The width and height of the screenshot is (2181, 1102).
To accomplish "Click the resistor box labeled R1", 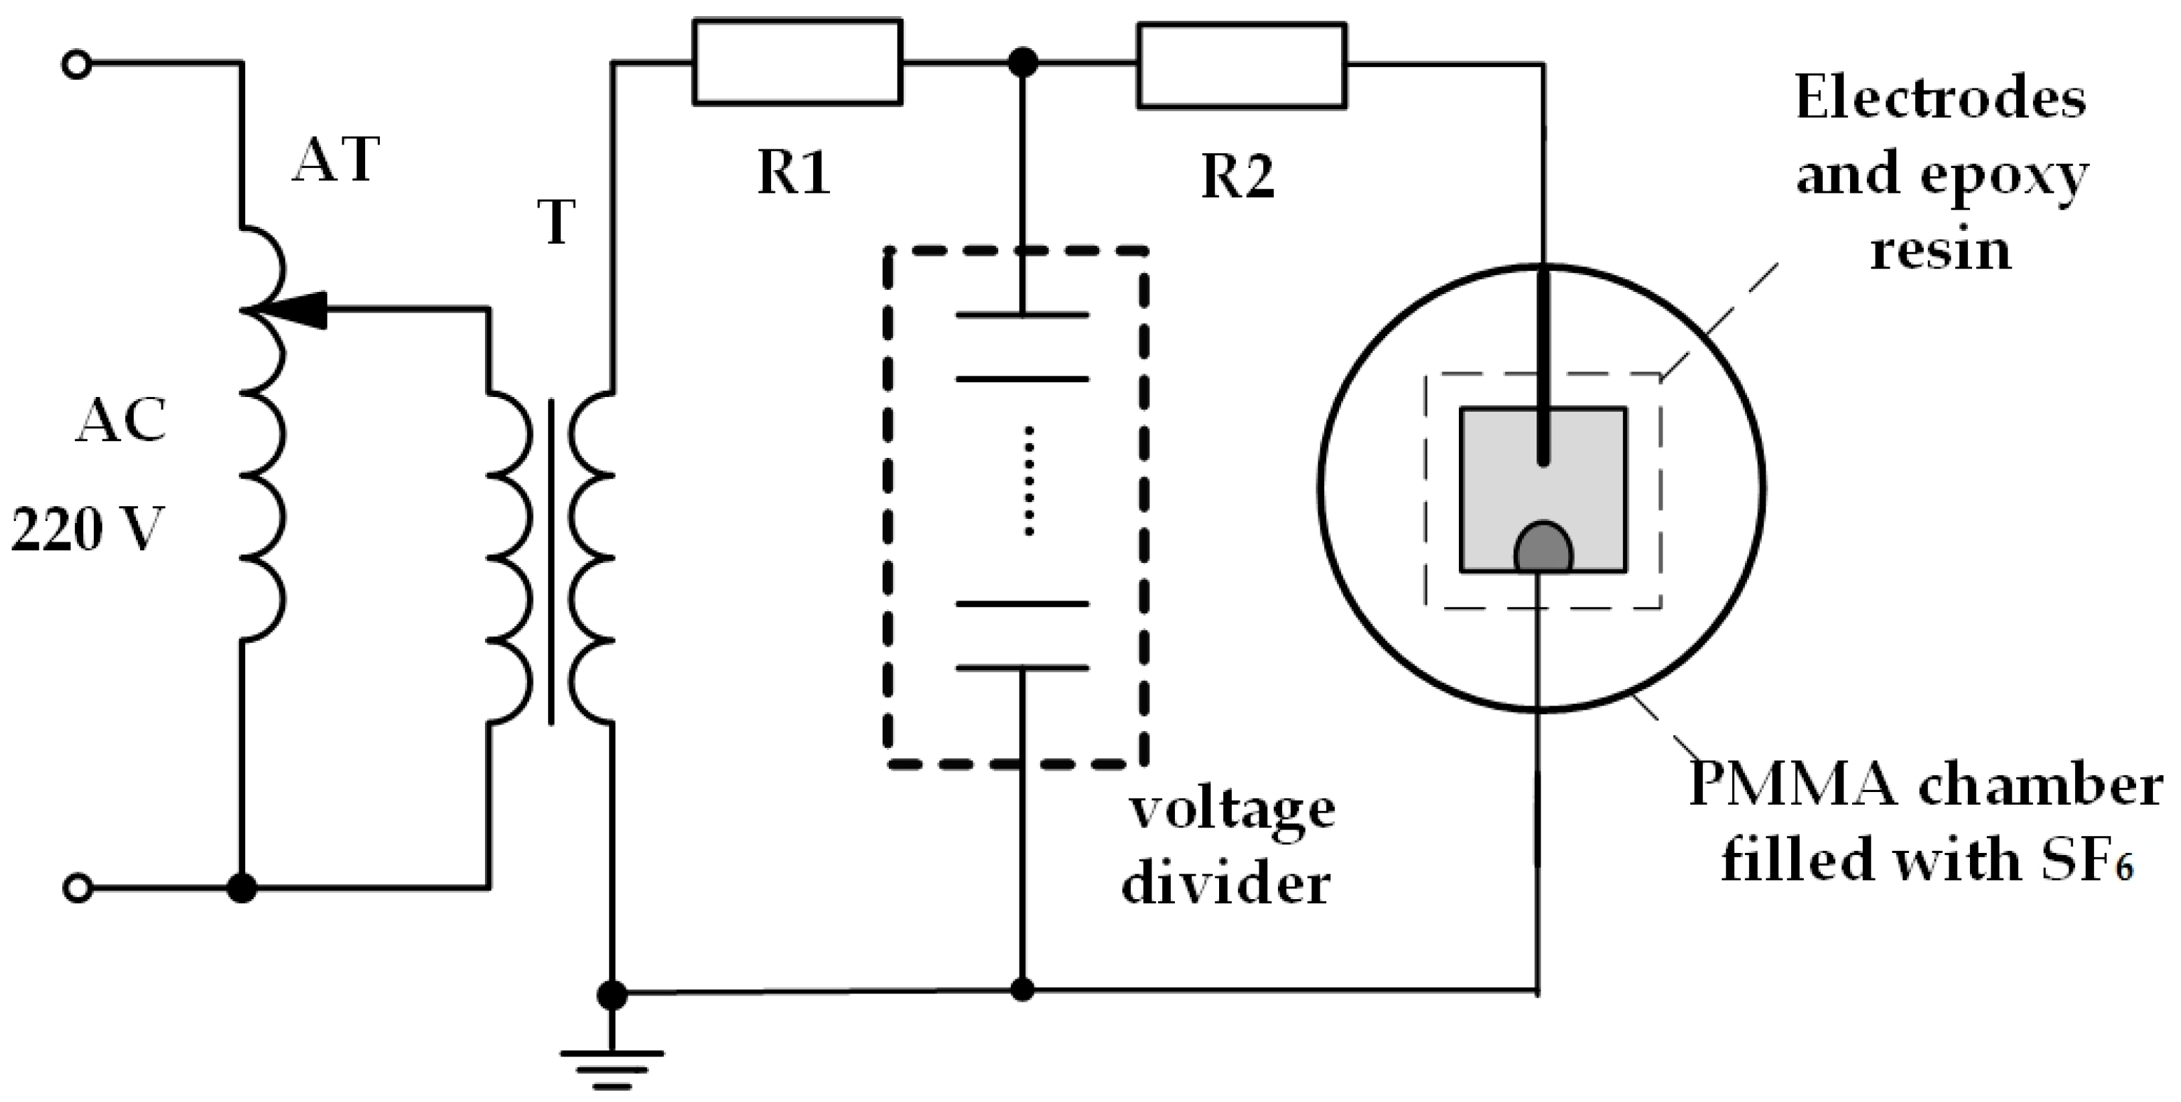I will click(x=796, y=63).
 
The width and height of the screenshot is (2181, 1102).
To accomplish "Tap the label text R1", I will click(x=793, y=173).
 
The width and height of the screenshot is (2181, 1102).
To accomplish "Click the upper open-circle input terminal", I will click(x=77, y=64).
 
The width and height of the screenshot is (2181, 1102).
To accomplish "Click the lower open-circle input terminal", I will click(x=77, y=888).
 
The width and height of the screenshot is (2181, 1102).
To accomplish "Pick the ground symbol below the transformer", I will click(x=612, y=1067).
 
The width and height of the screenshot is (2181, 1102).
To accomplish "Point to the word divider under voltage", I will click(x=1225, y=885).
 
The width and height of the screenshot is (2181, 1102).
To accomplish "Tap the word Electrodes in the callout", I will click(x=1940, y=100).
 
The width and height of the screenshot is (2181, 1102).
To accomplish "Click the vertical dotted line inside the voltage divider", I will click(x=1029, y=480).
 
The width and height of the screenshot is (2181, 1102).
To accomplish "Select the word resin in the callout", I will click(x=1940, y=250).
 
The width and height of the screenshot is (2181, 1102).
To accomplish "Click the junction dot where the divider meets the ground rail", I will click(x=1023, y=990).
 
